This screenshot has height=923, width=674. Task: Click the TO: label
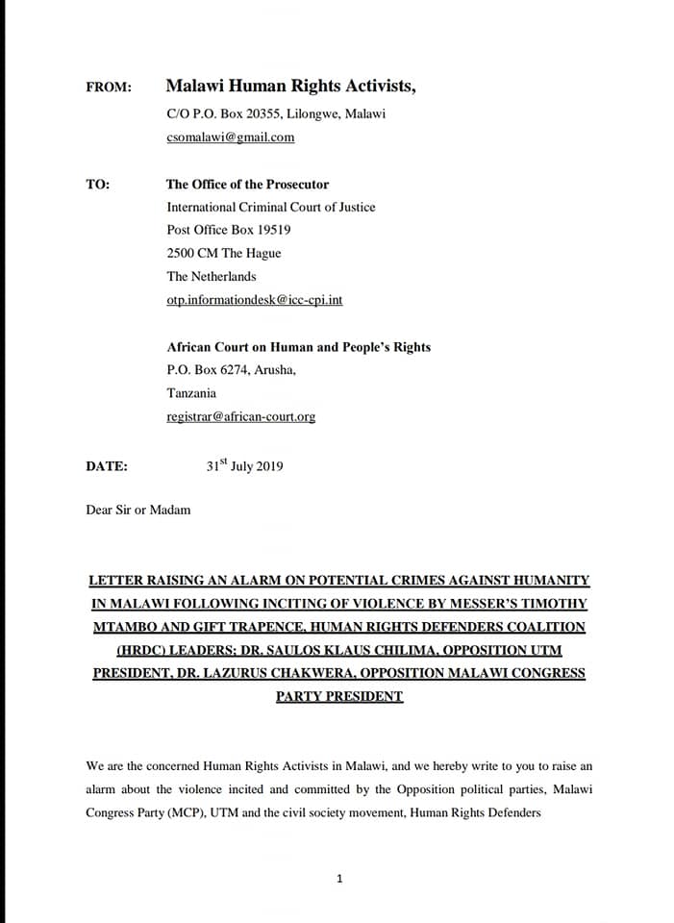click(97, 185)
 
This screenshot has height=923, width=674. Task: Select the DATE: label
click(107, 466)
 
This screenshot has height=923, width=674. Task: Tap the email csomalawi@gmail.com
click(231, 137)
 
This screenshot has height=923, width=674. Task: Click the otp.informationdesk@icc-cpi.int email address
click(255, 300)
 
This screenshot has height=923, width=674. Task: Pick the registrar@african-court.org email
click(241, 417)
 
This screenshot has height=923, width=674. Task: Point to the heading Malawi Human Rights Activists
click(292, 87)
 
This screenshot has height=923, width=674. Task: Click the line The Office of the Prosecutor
click(247, 185)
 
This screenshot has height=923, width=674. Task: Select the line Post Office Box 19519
click(229, 231)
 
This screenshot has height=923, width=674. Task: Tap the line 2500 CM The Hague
click(224, 254)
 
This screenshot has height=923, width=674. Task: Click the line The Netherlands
click(212, 277)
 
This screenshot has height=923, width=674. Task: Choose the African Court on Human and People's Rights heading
click(299, 347)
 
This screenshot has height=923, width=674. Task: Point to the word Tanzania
click(191, 393)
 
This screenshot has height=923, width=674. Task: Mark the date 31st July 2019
click(244, 466)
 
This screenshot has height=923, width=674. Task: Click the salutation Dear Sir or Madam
click(138, 510)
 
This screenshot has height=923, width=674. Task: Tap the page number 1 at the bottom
click(339, 878)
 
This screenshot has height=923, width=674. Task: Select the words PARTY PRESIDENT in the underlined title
click(339, 696)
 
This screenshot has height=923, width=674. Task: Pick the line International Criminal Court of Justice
click(271, 208)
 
